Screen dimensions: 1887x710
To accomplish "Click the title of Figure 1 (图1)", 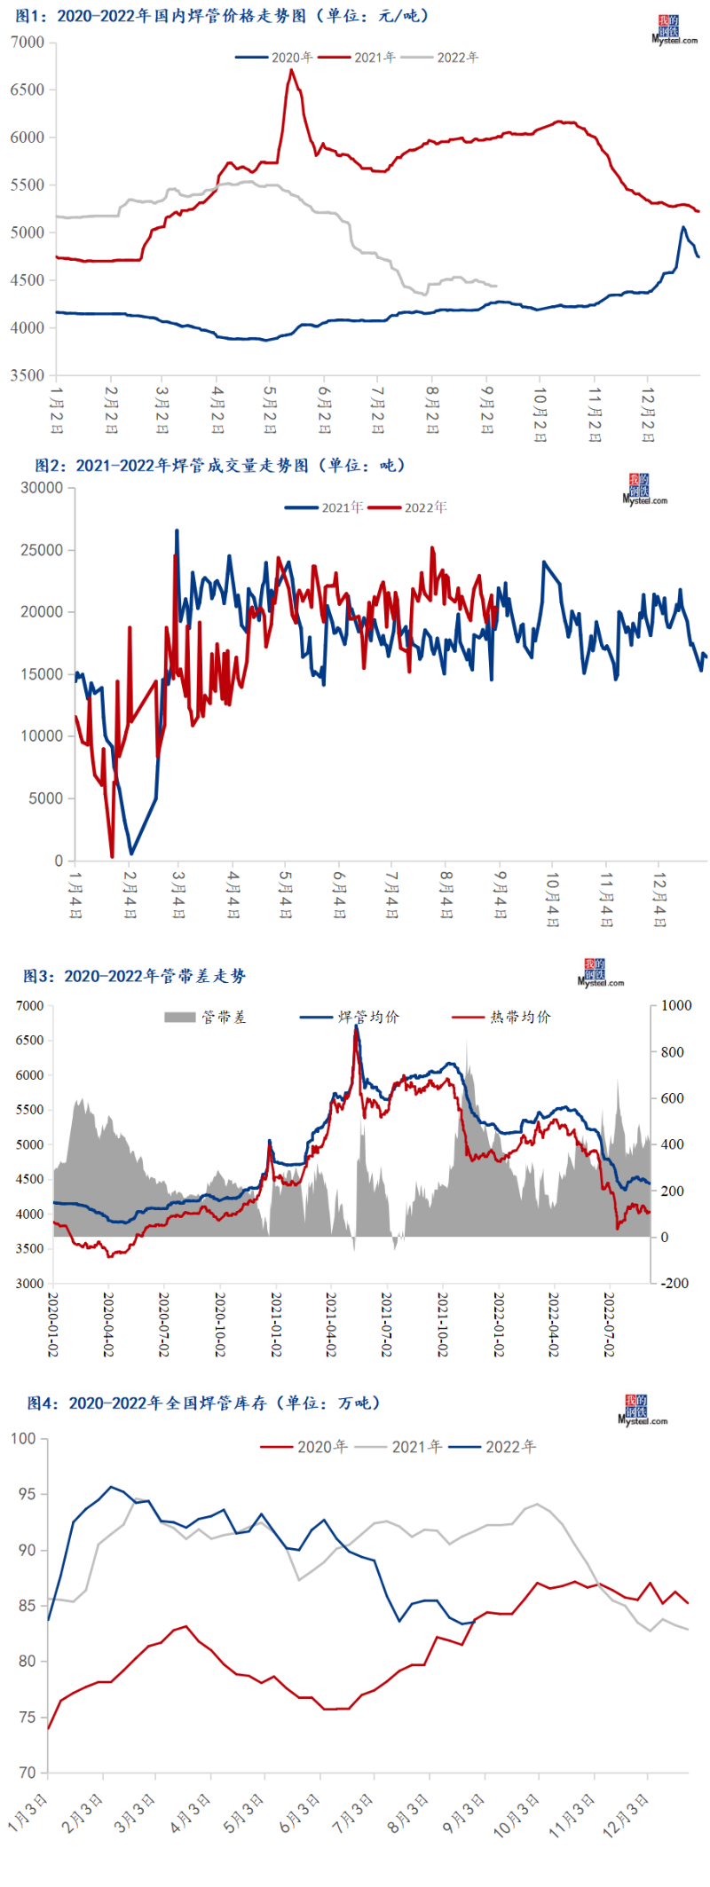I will [222, 16].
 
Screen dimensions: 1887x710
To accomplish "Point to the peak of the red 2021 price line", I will [291, 70].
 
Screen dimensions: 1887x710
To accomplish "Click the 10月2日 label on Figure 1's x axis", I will [540, 413].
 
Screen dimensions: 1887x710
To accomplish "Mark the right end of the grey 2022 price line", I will [496, 286].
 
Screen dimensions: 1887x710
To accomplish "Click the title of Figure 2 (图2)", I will [219, 465].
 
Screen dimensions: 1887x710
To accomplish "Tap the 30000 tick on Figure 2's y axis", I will [42, 488].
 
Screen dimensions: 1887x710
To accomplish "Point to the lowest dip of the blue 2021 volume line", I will [131, 853].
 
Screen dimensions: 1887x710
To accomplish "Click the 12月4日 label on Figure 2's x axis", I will [659, 899].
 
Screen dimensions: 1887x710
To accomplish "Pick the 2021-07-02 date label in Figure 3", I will [387, 1324].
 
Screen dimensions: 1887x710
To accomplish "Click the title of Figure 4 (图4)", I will [203, 1403].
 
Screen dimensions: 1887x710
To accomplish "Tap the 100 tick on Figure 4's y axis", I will [24, 1438].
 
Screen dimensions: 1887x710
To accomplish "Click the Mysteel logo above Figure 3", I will [601, 973].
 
